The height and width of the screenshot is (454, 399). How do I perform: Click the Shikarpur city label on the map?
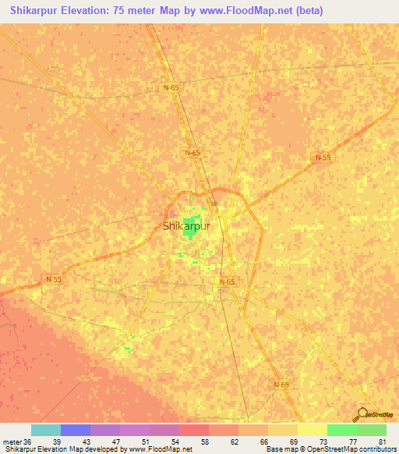pos(188,227)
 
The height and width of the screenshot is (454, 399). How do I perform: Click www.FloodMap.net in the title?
pos(244,10)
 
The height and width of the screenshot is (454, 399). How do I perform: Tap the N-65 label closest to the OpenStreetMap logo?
pos(281,385)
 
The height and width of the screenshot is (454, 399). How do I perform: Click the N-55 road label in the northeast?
pos(323,158)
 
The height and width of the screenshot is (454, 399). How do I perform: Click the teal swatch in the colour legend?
pos(46,430)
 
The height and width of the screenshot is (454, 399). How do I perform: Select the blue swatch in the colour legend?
pos(76,430)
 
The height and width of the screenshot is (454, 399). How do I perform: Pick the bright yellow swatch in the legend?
pos(312,430)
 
